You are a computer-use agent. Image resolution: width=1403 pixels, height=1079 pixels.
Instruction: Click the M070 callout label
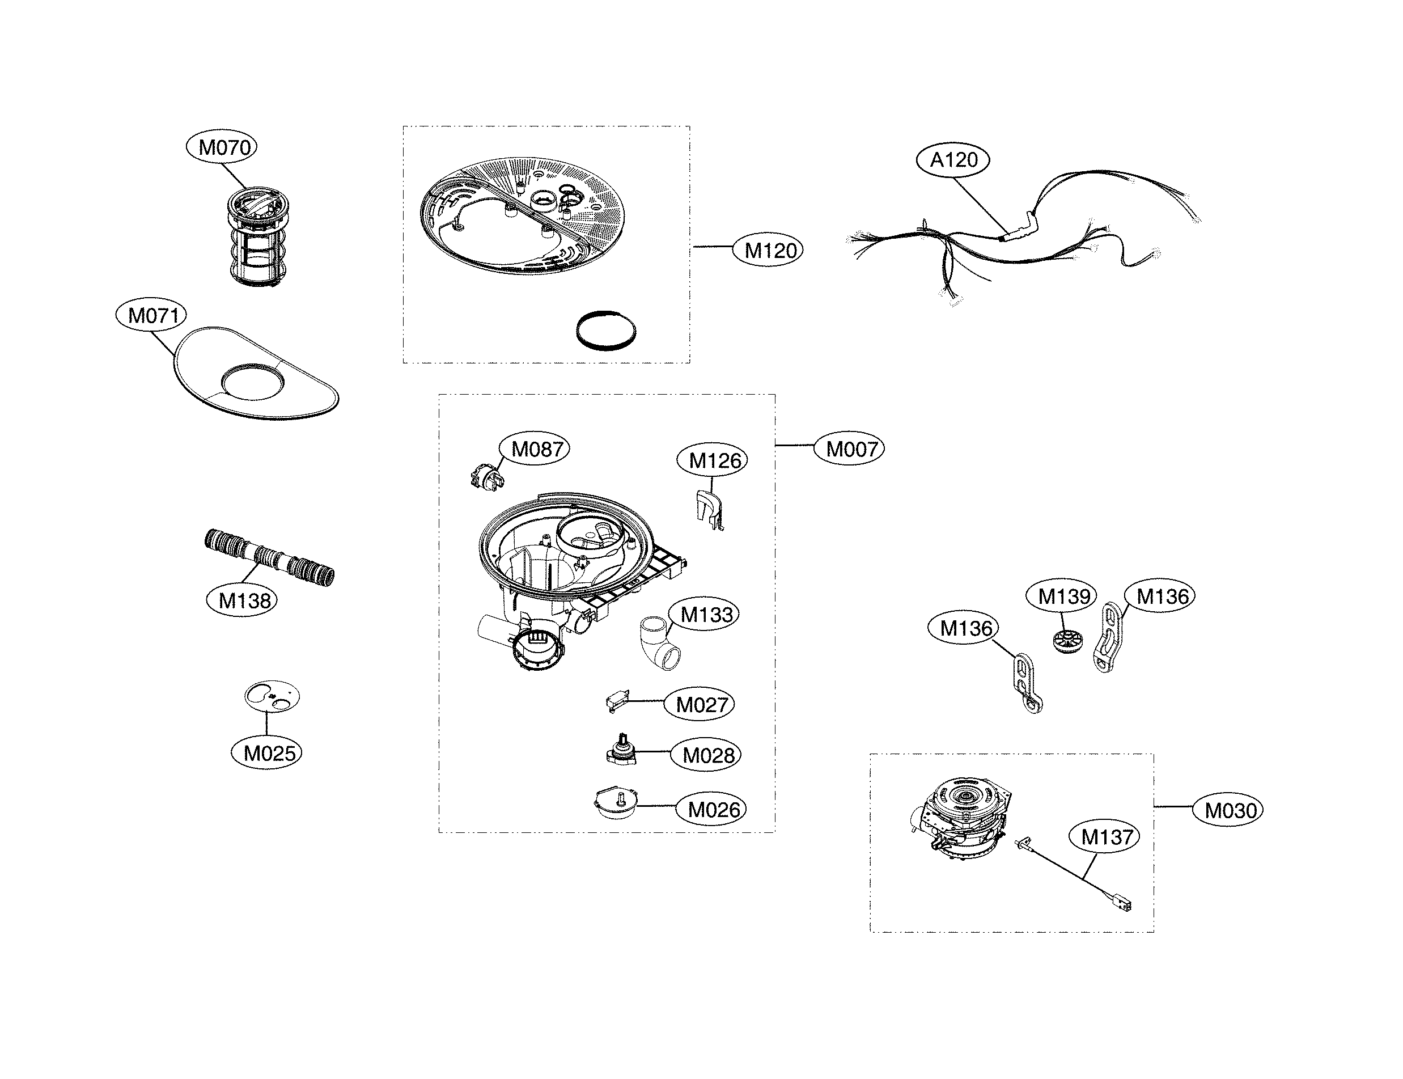click(x=222, y=147)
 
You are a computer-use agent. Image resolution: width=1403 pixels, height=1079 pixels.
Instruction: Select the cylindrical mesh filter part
click(x=257, y=236)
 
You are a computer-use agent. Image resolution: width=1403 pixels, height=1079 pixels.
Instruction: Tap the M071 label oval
click(x=151, y=315)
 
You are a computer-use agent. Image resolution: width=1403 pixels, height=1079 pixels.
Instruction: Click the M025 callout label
click(x=266, y=753)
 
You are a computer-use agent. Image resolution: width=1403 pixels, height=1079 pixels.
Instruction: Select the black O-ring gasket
click(x=606, y=331)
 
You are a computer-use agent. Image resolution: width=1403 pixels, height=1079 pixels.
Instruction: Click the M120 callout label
click(x=768, y=250)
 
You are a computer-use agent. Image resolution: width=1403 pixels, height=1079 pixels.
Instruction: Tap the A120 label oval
click(x=953, y=159)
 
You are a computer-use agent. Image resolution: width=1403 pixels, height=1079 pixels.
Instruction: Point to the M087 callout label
click(x=534, y=448)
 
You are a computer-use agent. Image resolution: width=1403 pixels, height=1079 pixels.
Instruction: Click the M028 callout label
click(x=706, y=755)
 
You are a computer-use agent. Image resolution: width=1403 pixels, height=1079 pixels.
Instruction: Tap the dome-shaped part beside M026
click(x=616, y=804)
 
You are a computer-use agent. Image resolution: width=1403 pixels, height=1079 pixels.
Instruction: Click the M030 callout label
click(x=1228, y=810)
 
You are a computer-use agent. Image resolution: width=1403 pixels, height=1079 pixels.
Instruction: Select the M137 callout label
click(x=1104, y=836)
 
